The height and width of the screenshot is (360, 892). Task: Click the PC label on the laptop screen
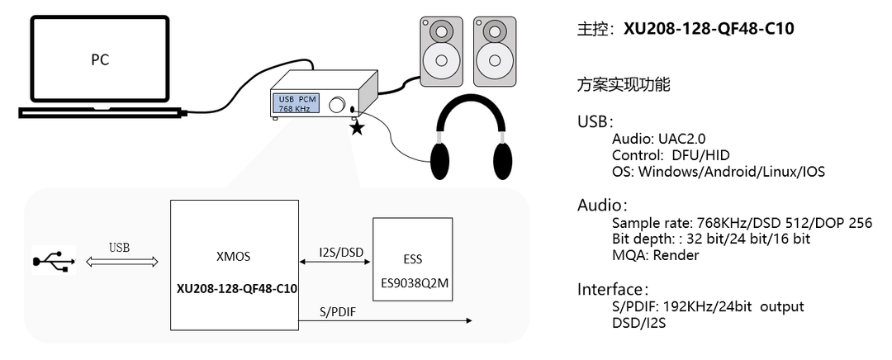pos(99,60)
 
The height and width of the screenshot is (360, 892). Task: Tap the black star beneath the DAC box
pos(357,128)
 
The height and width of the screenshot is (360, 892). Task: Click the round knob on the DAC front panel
pos(337,105)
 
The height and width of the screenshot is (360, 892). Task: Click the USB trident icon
pos(54,260)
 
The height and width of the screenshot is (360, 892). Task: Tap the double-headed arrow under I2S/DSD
pos(335,260)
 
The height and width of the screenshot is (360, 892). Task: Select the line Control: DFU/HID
pos(671,155)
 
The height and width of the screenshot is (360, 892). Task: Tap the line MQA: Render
pos(655,255)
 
